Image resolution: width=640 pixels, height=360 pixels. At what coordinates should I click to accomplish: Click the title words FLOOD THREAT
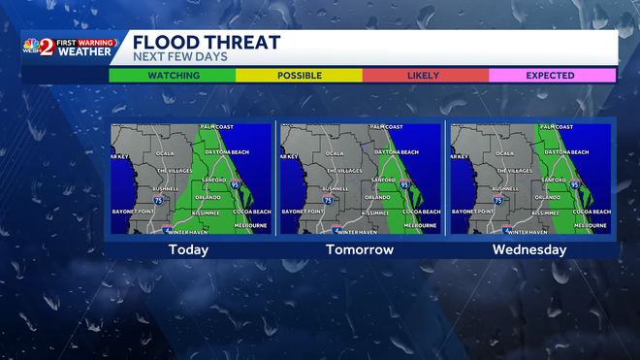point(206,42)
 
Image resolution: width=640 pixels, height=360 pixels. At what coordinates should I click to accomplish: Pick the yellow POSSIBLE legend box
point(300,75)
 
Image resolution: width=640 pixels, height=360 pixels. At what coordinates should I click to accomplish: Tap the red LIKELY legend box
point(424,75)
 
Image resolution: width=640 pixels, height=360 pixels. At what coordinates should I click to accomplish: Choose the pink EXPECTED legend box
point(550,75)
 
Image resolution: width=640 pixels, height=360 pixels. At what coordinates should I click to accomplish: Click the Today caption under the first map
point(188,249)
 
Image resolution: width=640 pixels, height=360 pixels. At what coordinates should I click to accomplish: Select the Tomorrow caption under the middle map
point(360,249)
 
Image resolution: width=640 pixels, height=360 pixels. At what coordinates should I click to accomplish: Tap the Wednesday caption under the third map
point(530,249)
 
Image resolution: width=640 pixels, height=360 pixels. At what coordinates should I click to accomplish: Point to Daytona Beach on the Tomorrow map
point(396,152)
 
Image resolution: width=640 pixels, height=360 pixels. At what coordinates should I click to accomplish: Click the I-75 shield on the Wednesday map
point(497,200)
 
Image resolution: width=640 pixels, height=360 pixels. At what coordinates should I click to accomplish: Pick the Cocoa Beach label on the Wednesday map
point(591,212)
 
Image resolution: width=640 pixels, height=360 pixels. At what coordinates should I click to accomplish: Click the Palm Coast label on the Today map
point(218,127)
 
